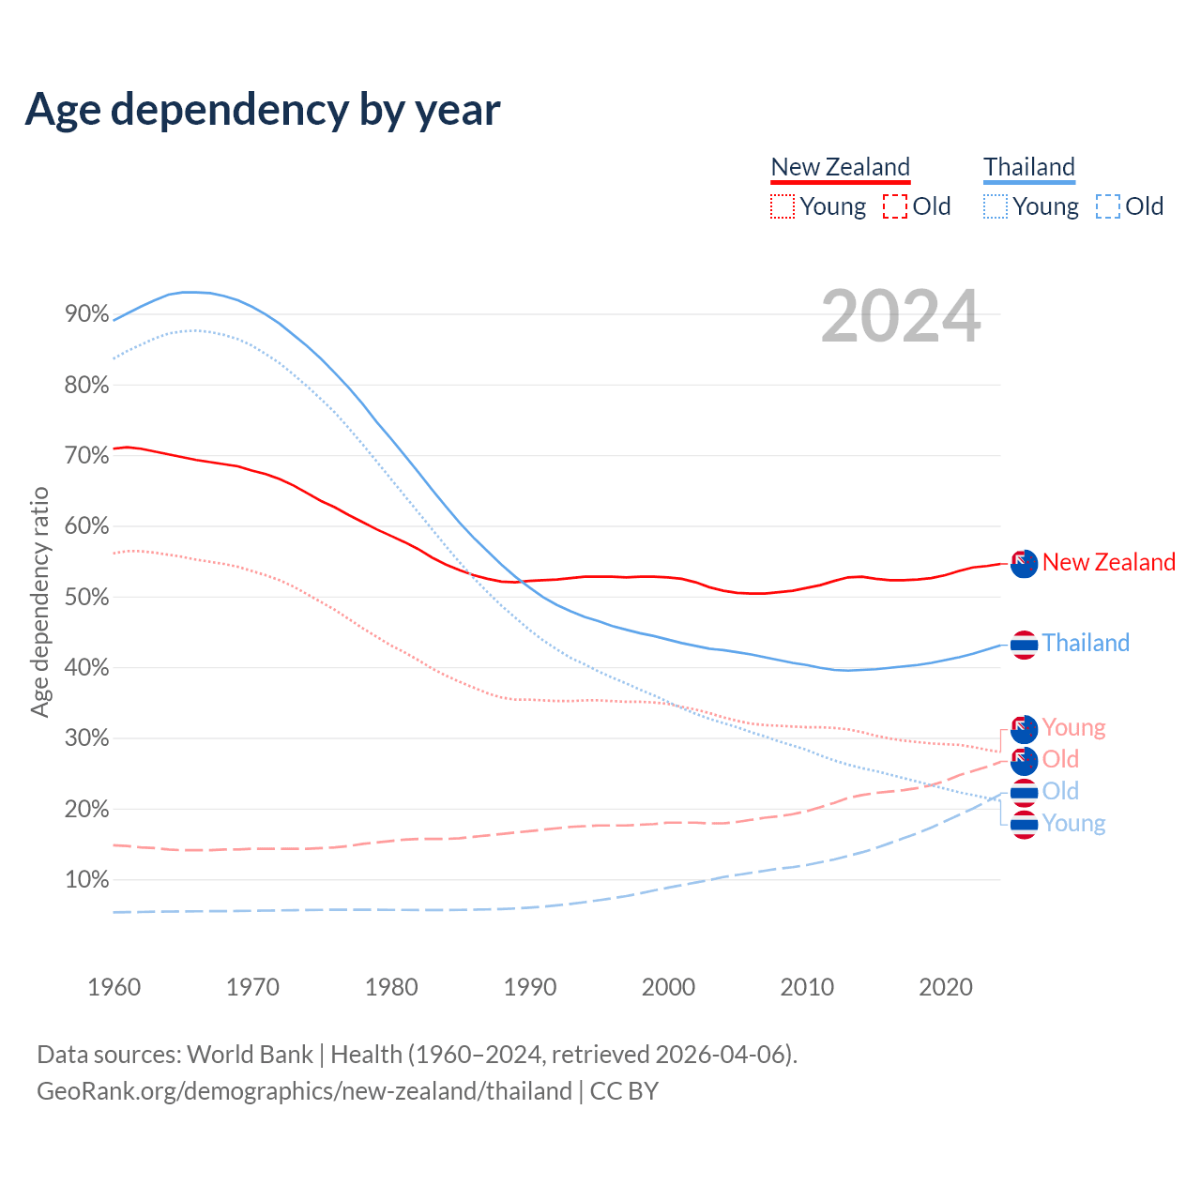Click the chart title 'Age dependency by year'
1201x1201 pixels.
pyautogui.click(x=263, y=110)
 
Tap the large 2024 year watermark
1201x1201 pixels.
pyautogui.click(x=901, y=316)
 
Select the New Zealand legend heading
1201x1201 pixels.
pyautogui.click(x=841, y=167)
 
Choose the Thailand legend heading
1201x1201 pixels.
pyautogui.click(x=1029, y=167)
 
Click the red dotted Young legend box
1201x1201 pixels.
pyautogui.click(x=783, y=206)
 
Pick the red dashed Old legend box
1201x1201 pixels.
pyautogui.click(x=895, y=206)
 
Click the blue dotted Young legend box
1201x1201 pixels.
pyautogui.click(x=996, y=206)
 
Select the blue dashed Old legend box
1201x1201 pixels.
pyautogui.click(x=1108, y=206)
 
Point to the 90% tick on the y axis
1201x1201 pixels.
pyautogui.click(x=87, y=314)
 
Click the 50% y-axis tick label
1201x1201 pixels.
pyautogui.click(x=87, y=598)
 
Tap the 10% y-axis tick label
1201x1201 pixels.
pyautogui.click(x=87, y=880)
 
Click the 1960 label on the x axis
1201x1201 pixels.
pyautogui.click(x=114, y=987)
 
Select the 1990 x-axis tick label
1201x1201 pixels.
pyautogui.click(x=530, y=987)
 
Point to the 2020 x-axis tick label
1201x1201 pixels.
pyautogui.click(x=946, y=987)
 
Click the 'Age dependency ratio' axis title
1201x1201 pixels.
pyautogui.click(x=39, y=601)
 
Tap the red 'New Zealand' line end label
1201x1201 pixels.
pyautogui.click(x=1108, y=562)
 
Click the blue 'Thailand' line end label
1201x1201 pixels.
pyautogui.click(x=1086, y=643)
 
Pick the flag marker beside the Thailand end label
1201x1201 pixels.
pyautogui.click(x=1024, y=645)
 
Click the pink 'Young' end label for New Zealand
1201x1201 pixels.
pyautogui.click(x=1073, y=727)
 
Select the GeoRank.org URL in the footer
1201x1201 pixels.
pyautogui.click(x=304, y=1091)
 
